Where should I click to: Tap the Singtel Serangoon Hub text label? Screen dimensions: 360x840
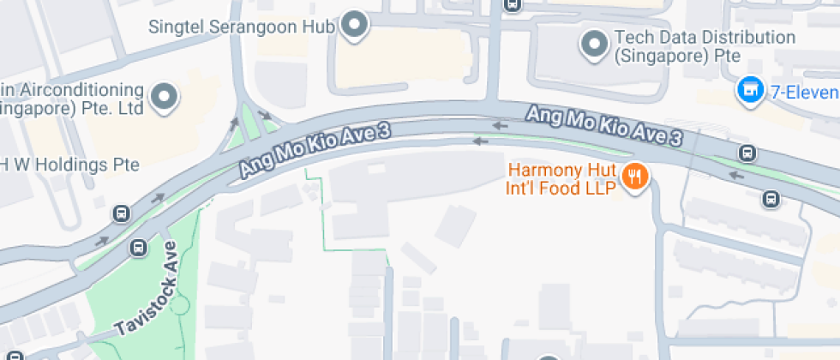(x=241, y=27)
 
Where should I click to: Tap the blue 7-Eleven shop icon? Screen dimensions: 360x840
(x=750, y=88)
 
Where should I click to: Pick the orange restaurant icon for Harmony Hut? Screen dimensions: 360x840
(x=634, y=177)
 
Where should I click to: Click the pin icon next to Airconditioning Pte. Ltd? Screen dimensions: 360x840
(x=164, y=98)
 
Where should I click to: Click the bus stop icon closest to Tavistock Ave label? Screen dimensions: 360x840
(x=138, y=249)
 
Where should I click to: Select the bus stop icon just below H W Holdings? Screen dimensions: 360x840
(x=121, y=213)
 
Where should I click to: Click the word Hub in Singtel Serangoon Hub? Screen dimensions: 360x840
(x=317, y=27)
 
